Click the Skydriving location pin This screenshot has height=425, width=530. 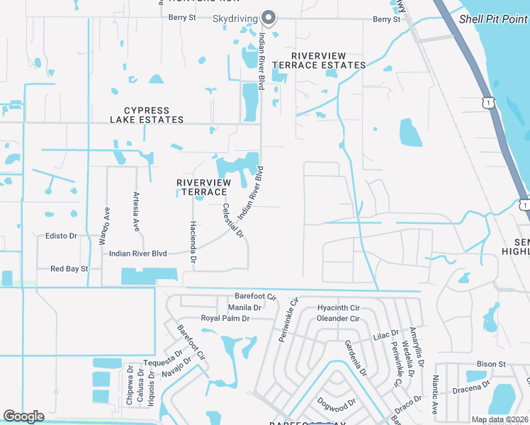click(269, 17)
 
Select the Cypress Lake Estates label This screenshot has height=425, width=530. click(147, 115)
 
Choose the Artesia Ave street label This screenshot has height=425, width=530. click(136, 212)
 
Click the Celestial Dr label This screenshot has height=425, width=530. click(233, 220)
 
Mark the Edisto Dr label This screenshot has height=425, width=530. click(61, 236)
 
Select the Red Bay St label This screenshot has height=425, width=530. click(69, 268)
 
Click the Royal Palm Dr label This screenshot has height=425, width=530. click(225, 319)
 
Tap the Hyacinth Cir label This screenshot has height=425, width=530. click(339, 308)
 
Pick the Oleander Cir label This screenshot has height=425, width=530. click(339, 319)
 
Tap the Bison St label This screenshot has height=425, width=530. click(490, 364)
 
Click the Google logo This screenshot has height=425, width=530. click(23, 416)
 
